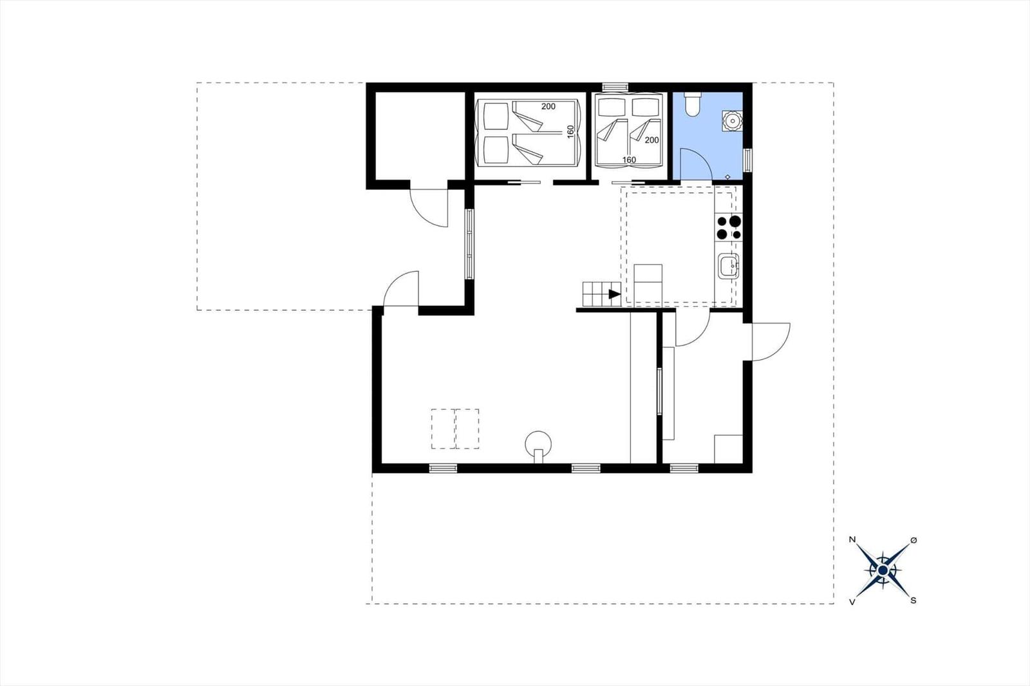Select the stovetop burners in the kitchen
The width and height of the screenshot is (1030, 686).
pos(729,228)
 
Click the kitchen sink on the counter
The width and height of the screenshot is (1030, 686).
pos(729,266)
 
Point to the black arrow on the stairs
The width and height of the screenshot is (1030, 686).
pos(614,294)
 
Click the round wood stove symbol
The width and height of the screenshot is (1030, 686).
pos(538,445)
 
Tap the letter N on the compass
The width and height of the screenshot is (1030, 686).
pos(852,539)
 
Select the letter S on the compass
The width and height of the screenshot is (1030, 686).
pos(913,600)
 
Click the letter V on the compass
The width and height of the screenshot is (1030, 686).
pos(852,602)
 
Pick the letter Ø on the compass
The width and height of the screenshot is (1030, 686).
pos(913,541)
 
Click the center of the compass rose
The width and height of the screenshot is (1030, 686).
pos(883,571)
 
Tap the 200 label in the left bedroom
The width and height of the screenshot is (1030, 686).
pos(548,107)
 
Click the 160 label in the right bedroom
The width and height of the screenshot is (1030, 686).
pos(629,160)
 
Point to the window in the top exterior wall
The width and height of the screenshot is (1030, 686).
pos(615,86)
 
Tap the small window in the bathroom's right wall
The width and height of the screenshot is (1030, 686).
pos(747,160)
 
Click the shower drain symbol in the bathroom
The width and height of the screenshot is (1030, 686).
pos(727,177)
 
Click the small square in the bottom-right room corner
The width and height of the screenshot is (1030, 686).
pos(728,449)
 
